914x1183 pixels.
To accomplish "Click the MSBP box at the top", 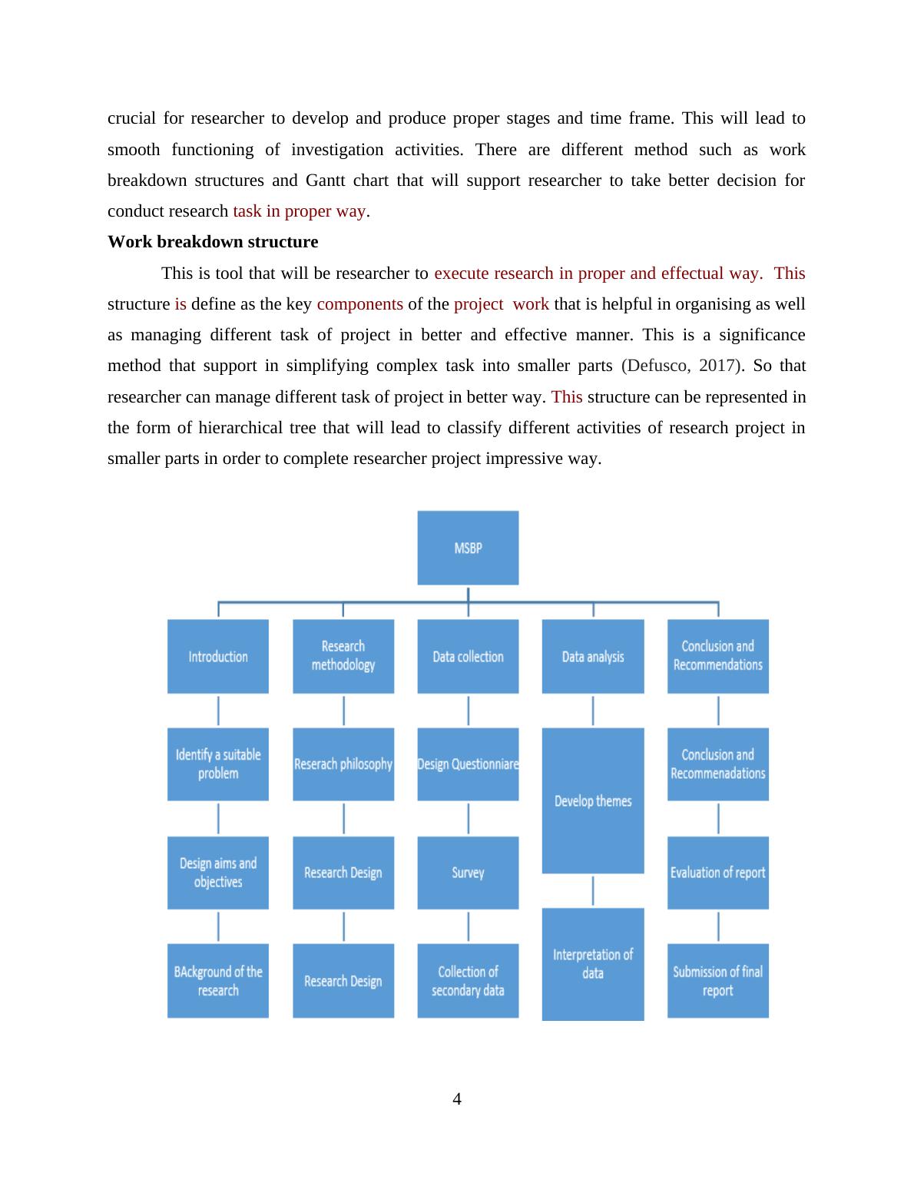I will [468, 548].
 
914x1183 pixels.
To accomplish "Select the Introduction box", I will [218, 656].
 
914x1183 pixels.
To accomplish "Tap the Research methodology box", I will [343, 656].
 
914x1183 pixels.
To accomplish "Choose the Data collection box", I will [468, 656].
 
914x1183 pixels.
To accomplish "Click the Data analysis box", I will [593, 656].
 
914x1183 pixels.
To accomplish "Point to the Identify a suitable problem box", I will [218, 764].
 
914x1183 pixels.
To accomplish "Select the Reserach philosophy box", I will [343, 764].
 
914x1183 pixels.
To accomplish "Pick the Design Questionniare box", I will [468, 764].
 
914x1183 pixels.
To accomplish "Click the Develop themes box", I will [593, 800].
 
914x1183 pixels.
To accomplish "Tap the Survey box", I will [468, 873].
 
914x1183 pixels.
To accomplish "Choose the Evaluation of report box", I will [717, 873].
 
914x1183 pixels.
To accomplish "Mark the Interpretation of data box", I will [593, 964].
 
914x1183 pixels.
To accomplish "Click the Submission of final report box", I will [717, 981].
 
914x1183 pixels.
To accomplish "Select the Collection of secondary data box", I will [468, 981].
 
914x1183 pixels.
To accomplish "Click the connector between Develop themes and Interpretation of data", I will [593, 891].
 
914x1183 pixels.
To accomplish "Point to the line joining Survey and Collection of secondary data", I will [468, 927].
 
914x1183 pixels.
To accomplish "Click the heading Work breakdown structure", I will [213, 242].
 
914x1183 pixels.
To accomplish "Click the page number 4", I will [457, 1099].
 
